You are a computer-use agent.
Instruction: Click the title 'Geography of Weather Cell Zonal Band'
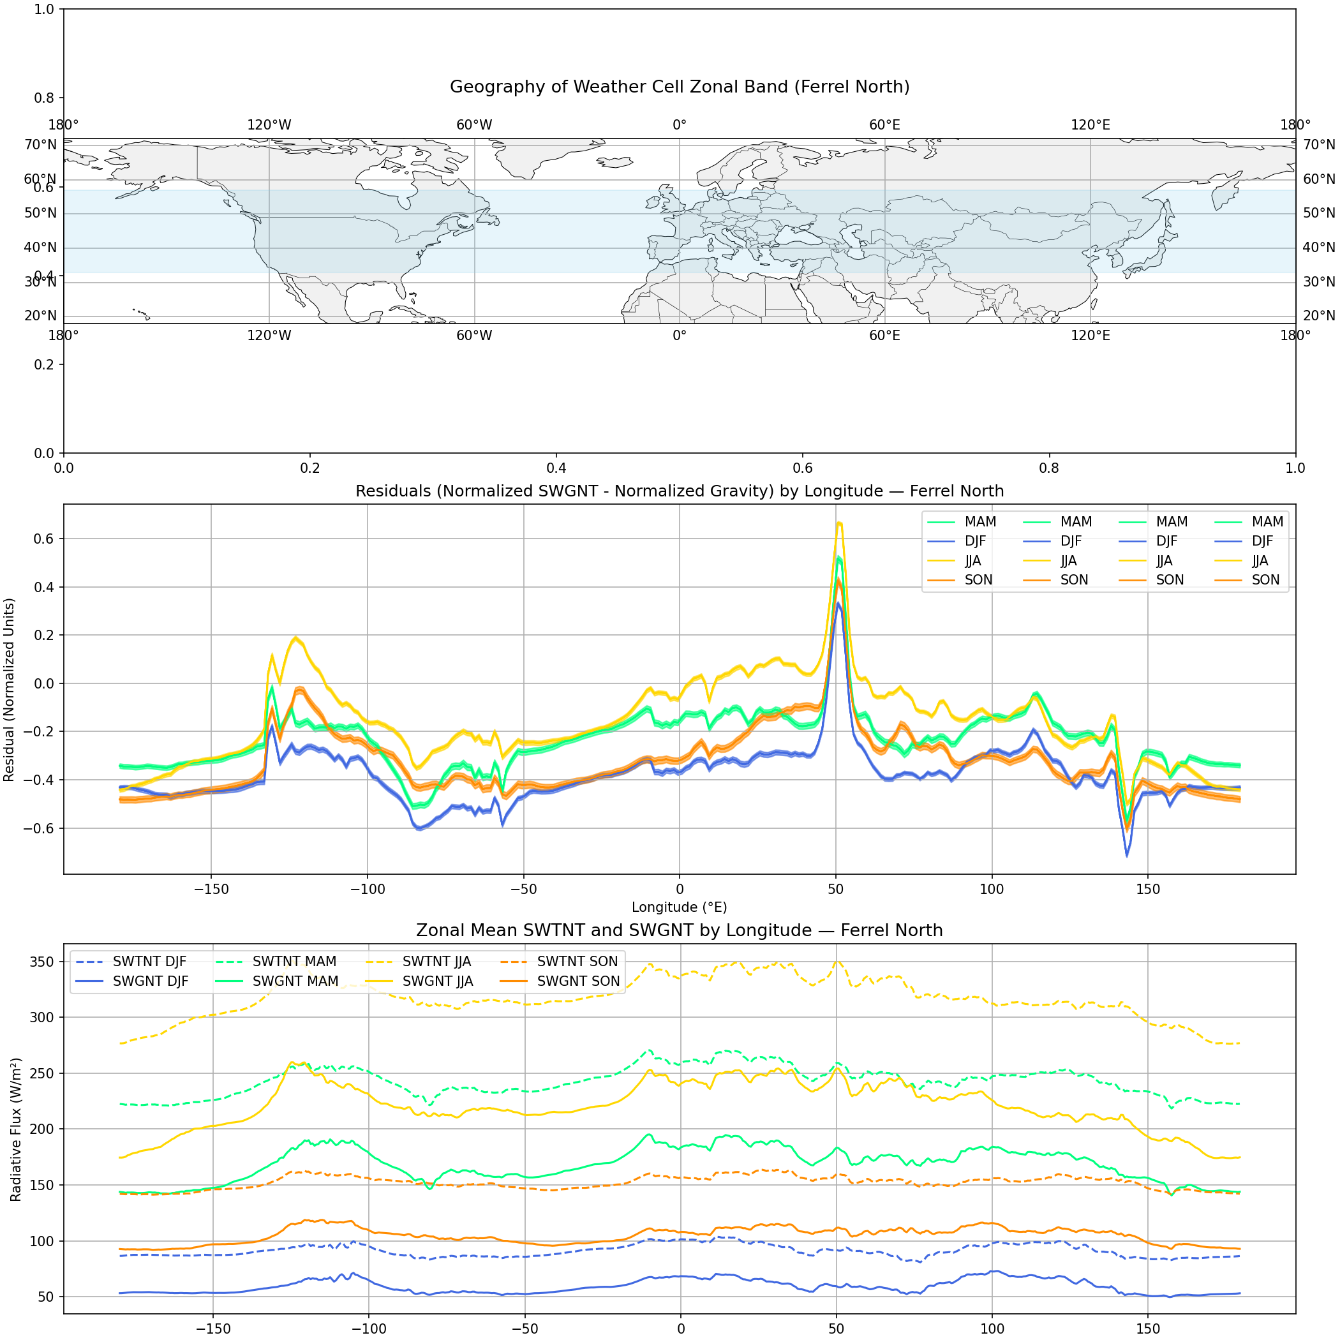click(x=679, y=87)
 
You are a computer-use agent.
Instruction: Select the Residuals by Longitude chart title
click(x=679, y=491)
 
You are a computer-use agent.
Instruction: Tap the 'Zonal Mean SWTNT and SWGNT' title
click(x=679, y=930)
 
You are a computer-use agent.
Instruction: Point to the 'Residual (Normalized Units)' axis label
click(x=9, y=689)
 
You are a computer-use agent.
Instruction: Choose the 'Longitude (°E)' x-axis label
click(x=679, y=907)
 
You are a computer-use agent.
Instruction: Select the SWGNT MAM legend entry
click(x=295, y=981)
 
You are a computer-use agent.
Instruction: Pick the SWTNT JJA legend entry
click(x=436, y=962)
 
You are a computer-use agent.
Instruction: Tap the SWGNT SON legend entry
click(x=577, y=981)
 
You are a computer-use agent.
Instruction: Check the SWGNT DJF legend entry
click(x=150, y=981)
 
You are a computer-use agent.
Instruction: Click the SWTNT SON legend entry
click(x=577, y=962)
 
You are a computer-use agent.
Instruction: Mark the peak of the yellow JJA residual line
click(x=839, y=523)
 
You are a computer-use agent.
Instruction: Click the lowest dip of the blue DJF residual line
click(x=1126, y=856)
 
